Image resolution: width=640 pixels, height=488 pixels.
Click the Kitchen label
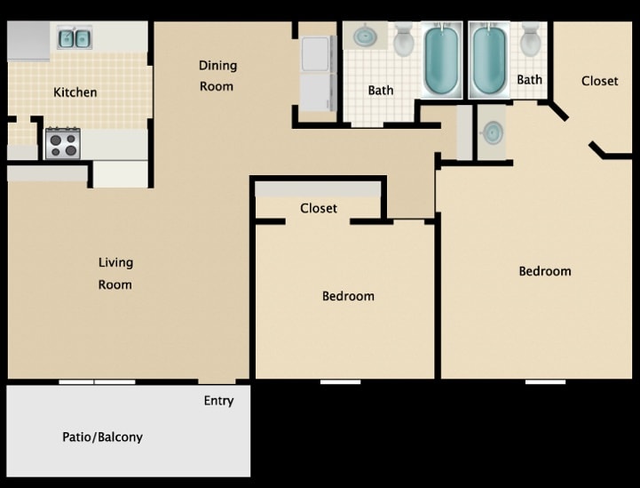click(75, 92)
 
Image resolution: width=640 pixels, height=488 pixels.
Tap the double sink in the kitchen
click(75, 38)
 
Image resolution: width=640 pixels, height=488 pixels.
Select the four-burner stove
click(62, 143)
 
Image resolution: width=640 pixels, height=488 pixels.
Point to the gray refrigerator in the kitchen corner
click(28, 41)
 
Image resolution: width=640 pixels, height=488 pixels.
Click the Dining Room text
click(217, 76)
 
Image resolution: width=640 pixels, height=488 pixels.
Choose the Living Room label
click(115, 274)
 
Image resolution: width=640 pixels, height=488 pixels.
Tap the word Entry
click(218, 401)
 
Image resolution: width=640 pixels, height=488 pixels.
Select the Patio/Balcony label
click(102, 437)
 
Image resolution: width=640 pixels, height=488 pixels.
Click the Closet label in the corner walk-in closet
click(599, 81)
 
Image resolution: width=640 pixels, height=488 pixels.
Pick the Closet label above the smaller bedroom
click(318, 209)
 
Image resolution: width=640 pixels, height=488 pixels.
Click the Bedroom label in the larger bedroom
click(545, 271)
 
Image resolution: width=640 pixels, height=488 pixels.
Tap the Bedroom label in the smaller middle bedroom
click(348, 296)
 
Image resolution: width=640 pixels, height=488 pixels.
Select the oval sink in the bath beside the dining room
click(365, 37)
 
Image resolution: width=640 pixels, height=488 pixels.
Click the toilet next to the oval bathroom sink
click(403, 40)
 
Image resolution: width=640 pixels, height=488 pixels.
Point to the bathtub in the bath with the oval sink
click(440, 60)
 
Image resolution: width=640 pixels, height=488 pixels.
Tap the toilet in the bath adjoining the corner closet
click(531, 40)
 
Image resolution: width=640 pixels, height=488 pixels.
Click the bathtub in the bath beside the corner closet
click(489, 60)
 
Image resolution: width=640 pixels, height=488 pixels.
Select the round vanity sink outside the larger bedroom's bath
click(491, 132)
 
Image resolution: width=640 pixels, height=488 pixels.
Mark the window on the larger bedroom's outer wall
click(544, 381)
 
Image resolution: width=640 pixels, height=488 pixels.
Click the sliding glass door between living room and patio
click(97, 381)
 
